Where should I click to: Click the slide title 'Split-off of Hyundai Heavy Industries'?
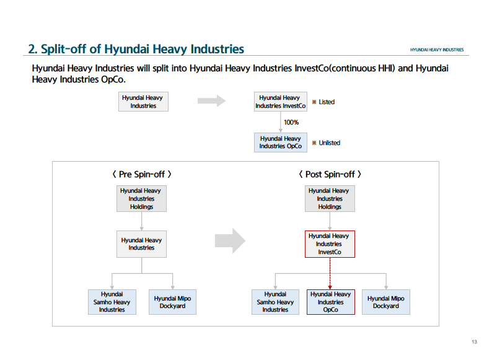[143, 49]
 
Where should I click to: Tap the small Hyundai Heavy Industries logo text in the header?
[437, 50]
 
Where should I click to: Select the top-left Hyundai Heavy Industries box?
[143, 102]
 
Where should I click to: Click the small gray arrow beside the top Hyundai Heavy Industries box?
[211, 101]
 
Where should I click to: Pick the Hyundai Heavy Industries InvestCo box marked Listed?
[281, 102]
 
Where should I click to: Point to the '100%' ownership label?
[291, 123]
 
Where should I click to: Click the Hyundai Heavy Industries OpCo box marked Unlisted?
[281, 143]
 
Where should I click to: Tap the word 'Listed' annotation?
[327, 102]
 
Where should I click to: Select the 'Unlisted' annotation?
[330, 143]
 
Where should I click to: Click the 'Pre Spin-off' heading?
[142, 174]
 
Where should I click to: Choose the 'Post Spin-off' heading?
[330, 174]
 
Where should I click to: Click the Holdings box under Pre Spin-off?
[141, 199]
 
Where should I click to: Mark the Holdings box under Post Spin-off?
[330, 199]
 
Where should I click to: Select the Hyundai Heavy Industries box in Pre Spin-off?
[141, 244]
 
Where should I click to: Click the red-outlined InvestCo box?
[330, 244]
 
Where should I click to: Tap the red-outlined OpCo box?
[331, 302]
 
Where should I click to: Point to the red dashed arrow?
[330, 273]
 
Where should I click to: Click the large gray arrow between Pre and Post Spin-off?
[230, 241]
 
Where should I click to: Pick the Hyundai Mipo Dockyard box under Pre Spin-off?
[173, 302]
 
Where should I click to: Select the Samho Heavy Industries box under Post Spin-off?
[275, 302]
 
